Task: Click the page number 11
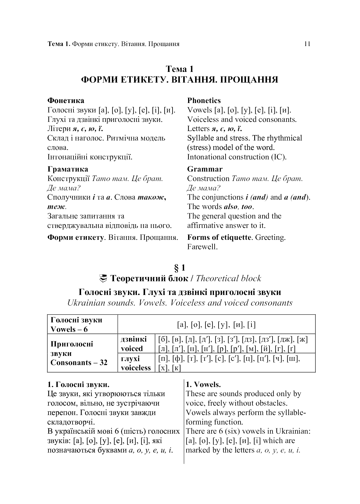click(307, 44)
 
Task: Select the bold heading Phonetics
click(204, 101)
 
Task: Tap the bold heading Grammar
click(205, 169)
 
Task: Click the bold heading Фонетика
click(66, 101)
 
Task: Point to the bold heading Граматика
click(68, 169)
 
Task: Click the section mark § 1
click(180, 268)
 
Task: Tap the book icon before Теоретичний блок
click(104, 278)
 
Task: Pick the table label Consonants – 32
click(79, 363)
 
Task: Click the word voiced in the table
click(132, 349)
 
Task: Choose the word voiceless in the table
click(136, 368)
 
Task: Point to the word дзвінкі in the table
click(134, 339)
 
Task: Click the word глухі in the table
click(130, 358)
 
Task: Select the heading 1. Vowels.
click(203, 385)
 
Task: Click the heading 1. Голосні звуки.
click(78, 385)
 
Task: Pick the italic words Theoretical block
click(229, 278)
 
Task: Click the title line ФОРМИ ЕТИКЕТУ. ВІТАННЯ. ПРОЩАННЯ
click(180, 80)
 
